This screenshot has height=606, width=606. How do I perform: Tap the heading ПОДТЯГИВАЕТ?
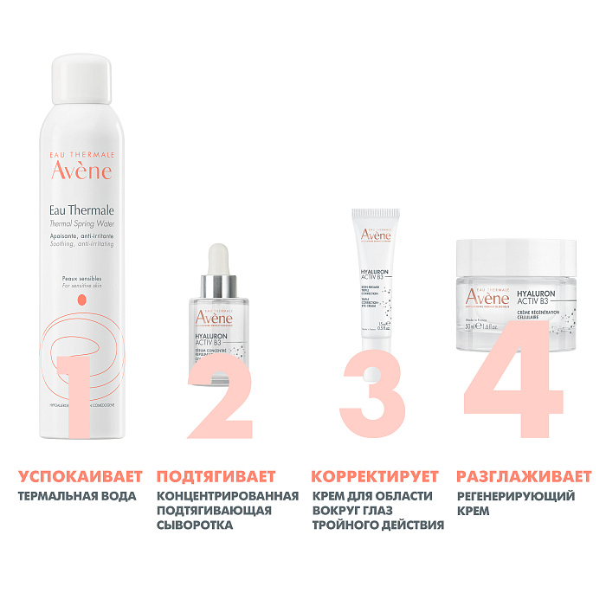pyautogui.click(x=216, y=477)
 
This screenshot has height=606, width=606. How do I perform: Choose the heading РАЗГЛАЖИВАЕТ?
pyautogui.click(x=524, y=477)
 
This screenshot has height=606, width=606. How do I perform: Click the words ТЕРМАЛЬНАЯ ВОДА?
pyautogui.click(x=77, y=496)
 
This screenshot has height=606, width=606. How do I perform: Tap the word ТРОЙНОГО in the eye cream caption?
pyautogui.click(x=347, y=525)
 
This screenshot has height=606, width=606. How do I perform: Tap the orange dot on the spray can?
pyautogui.click(x=82, y=300)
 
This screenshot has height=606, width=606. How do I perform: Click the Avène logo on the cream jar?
pyautogui.click(x=488, y=298)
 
